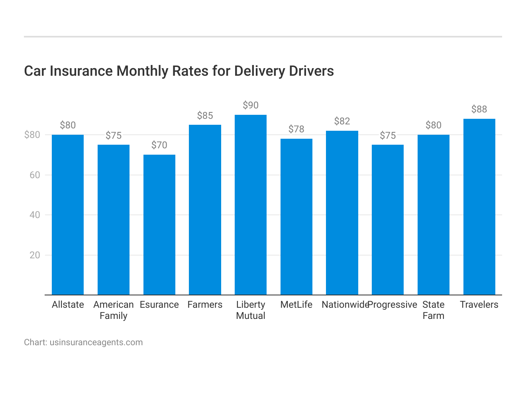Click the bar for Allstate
(x=68, y=215)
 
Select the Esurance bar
(x=159, y=225)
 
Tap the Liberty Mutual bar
(x=251, y=205)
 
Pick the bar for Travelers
(x=479, y=207)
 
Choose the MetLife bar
(x=296, y=217)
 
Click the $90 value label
(x=251, y=105)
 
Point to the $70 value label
(x=159, y=145)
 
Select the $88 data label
(x=479, y=109)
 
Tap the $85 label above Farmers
(x=205, y=116)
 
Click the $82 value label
(x=342, y=121)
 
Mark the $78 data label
(x=296, y=129)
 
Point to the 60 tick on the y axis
(x=35, y=175)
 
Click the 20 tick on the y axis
(x=35, y=255)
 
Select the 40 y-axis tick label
(x=35, y=215)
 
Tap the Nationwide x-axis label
(x=345, y=305)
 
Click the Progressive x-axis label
(x=393, y=305)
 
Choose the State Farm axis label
(x=434, y=310)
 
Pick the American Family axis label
(x=114, y=310)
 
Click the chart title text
(x=179, y=71)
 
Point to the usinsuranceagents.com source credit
(x=83, y=342)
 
